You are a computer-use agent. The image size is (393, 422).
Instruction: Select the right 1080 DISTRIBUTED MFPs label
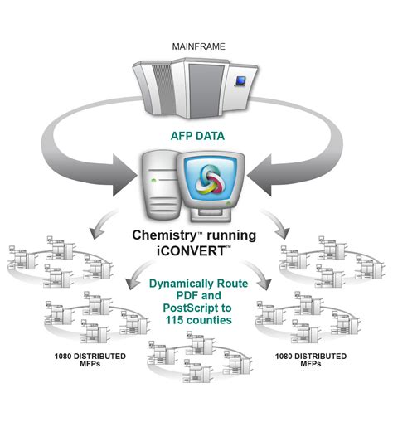point(312,360)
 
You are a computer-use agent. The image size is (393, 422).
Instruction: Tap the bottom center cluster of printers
point(190,357)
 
